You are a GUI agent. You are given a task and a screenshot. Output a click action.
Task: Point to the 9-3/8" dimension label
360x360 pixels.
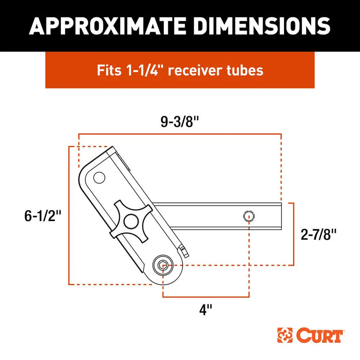180,123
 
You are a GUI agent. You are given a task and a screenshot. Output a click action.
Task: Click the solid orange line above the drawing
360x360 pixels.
180,134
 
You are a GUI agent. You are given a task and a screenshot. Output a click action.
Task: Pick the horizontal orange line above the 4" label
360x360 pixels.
206,297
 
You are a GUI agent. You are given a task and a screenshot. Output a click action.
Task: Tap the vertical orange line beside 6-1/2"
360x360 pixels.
68,216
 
